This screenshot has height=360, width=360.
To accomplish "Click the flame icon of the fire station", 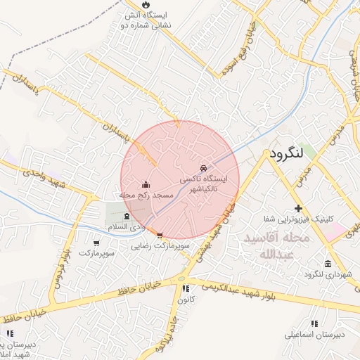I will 146,4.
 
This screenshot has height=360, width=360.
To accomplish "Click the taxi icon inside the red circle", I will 203,169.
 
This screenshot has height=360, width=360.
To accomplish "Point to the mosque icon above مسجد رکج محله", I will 146,184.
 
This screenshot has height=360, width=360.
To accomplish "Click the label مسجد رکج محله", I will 147,195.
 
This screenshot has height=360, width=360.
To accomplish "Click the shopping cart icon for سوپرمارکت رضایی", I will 160,236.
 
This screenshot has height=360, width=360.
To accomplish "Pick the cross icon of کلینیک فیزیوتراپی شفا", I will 299,208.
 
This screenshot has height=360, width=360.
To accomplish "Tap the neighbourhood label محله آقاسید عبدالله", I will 276,246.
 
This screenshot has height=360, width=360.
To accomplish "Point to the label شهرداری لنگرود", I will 328,274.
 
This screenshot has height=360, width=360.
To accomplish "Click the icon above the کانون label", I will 186,288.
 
